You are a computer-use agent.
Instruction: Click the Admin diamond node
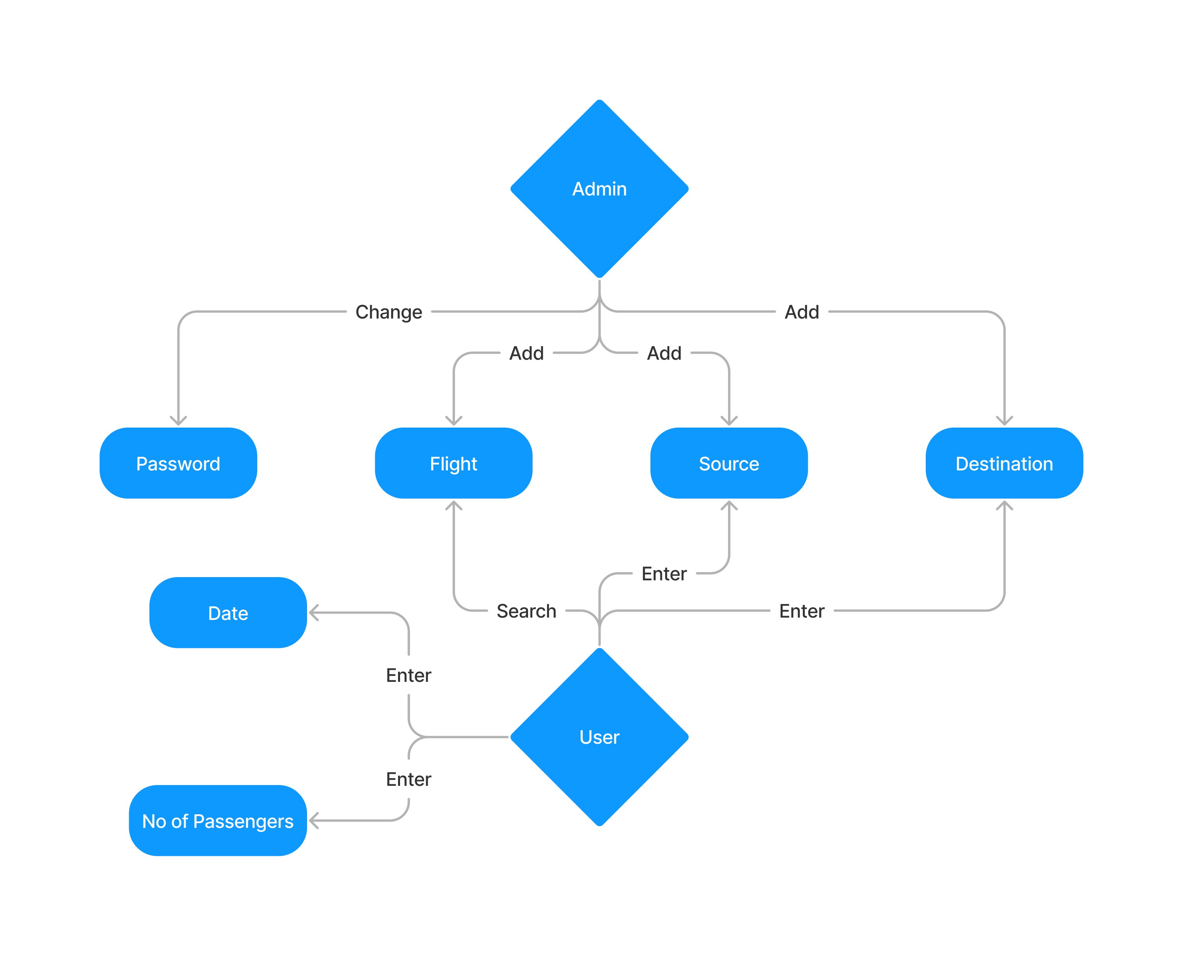(x=599, y=189)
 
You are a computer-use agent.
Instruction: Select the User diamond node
(x=599, y=737)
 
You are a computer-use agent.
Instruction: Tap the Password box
(x=178, y=463)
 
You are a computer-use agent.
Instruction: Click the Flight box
(x=453, y=463)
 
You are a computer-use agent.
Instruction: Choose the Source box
(x=728, y=463)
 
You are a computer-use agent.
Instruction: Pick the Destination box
(x=1004, y=463)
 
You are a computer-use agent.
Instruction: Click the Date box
(x=228, y=613)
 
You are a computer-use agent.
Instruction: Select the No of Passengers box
(x=218, y=820)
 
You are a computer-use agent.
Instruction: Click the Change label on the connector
(x=388, y=312)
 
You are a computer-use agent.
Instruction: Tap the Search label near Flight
(x=526, y=611)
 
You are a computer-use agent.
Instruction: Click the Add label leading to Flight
(x=526, y=353)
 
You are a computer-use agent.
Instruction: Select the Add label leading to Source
(x=664, y=353)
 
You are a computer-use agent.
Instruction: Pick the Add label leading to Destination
(x=802, y=312)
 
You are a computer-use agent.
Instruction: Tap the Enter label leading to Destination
(x=802, y=611)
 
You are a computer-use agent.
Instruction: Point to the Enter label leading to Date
(x=408, y=675)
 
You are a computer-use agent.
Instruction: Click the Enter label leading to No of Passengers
(x=408, y=779)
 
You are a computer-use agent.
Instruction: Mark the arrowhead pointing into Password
(x=178, y=422)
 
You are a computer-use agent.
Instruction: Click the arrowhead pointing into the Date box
(x=312, y=613)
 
